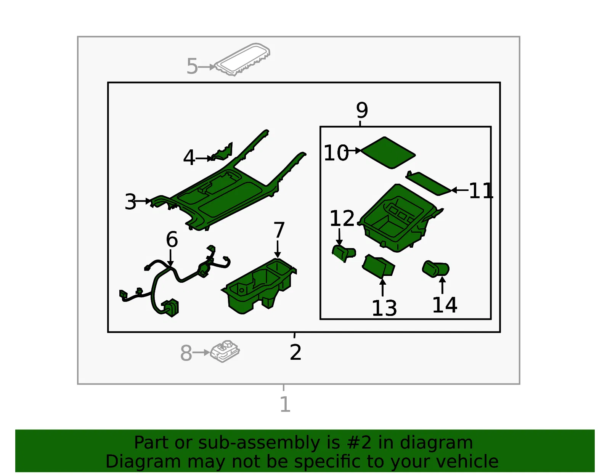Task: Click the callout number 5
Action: pyautogui.click(x=192, y=66)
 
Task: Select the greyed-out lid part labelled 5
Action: pyautogui.click(x=242, y=59)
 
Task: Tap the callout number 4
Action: pyautogui.click(x=189, y=158)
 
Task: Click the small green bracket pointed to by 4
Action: pyautogui.click(x=222, y=152)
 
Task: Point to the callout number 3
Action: pyautogui.click(x=130, y=202)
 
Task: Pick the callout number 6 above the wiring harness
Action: pyautogui.click(x=172, y=239)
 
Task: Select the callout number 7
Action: pyautogui.click(x=279, y=230)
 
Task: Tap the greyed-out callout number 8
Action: pyautogui.click(x=186, y=353)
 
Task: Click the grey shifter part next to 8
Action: pyautogui.click(x=225, y=351)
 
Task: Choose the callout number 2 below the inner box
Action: pyautogui.click(x=295, y=352)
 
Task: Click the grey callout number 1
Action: pyautogui.click(x=285, y=404)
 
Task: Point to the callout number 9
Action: pyautogui.click(x=362, y=110)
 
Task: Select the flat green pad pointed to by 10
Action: pyautogui.click(x=388, y=153)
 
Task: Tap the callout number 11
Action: pyautogui.click(x=481, y=191)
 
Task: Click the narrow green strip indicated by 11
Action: pyautogui.click(x=429, y=183)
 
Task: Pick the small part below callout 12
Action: pyautogui.click(x=344, y=253)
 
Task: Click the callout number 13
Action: pyautogui.click(x=384, y=308)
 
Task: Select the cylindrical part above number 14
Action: pyautogui.click(x=436, y=269)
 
